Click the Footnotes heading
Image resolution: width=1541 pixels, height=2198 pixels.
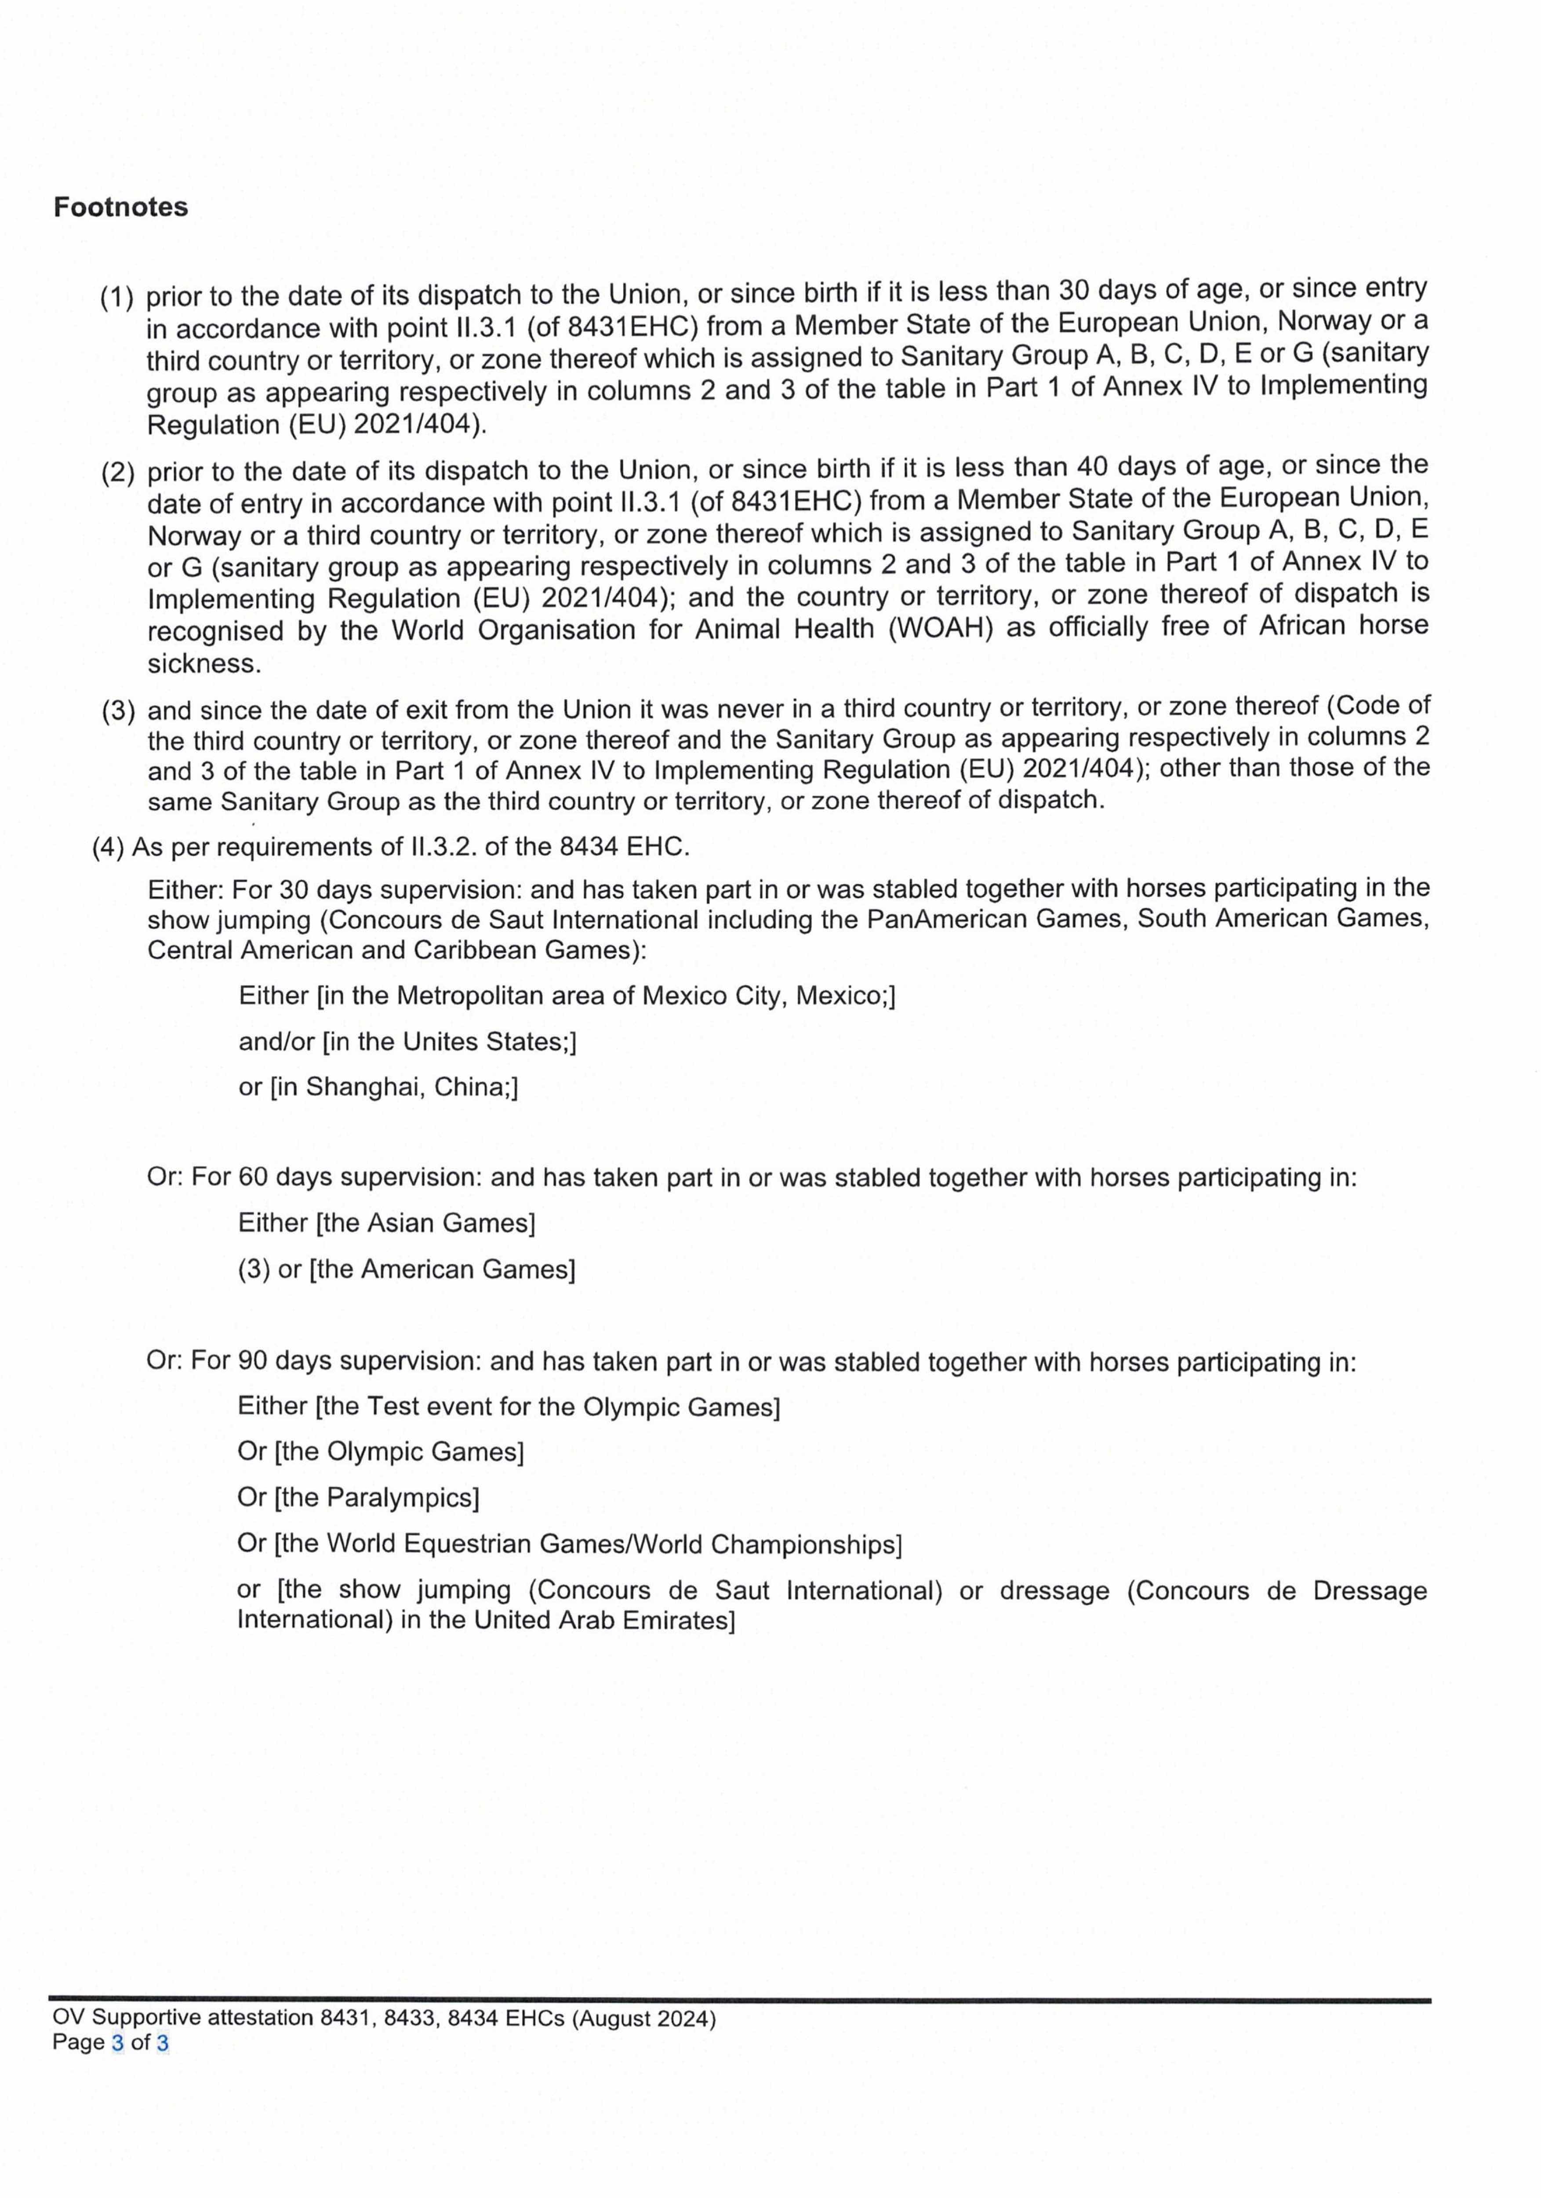(120, 208)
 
